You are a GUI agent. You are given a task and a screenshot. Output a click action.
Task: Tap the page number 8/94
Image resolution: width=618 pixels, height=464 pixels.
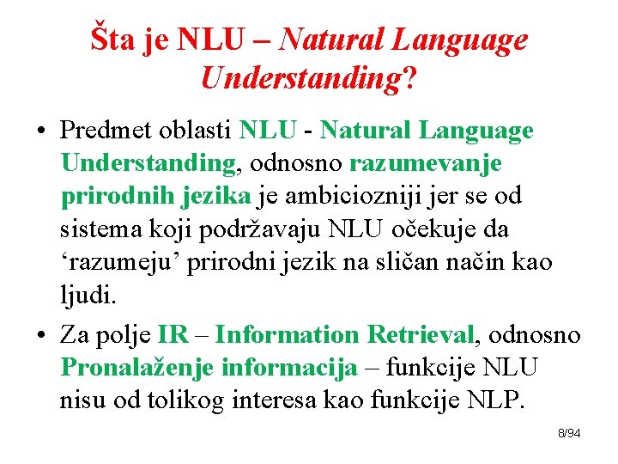tap(569, 433)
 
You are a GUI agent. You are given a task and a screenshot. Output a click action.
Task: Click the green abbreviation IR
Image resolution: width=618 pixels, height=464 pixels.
tap(168, 334)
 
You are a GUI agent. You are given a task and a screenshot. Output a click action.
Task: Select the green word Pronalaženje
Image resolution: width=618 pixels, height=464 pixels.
tap(137, 368)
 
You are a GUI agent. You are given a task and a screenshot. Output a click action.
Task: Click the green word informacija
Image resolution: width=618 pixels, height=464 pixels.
tap(289, 368)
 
